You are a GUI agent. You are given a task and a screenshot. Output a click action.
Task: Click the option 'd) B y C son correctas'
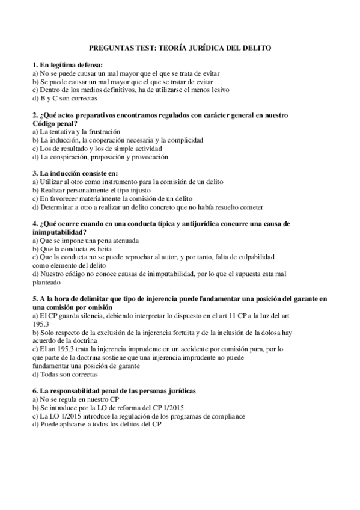point(64,98)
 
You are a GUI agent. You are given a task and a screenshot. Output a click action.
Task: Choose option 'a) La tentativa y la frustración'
point(79,131)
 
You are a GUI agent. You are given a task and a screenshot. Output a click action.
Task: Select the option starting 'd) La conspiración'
point(100,156)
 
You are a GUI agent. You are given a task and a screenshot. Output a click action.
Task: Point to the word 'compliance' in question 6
point(224,416)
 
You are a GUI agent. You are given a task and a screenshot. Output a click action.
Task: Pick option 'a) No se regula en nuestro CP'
point(76,399)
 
